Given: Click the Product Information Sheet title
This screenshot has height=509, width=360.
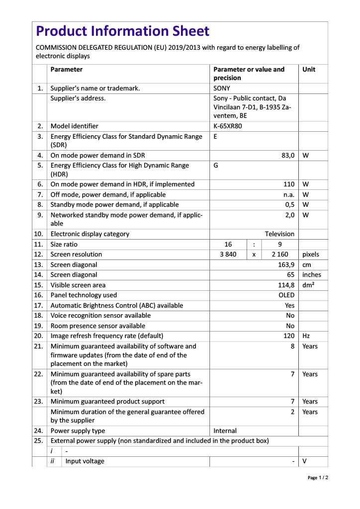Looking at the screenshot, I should pos(123,32).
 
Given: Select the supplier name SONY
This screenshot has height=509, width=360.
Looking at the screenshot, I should pos(222,88).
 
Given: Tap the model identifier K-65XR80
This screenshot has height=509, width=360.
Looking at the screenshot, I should pos(228,126).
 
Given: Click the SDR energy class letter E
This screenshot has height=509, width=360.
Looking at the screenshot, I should pos(215,136).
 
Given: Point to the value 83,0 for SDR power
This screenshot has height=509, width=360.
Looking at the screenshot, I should pos(288,156).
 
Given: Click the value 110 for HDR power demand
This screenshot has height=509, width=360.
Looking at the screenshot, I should pos(289,184).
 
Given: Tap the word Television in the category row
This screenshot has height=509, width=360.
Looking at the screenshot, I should pos(279,234).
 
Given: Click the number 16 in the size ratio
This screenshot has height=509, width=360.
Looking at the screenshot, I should pos(228,245).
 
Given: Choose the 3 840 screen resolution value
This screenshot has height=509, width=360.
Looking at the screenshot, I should pos(228,254).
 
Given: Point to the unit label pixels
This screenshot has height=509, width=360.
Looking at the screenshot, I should pos(311,254).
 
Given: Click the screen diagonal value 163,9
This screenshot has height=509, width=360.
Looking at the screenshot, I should pos(286,265).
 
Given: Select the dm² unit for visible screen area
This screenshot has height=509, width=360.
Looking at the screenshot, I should pos(308,285).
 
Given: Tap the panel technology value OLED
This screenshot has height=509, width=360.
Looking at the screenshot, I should pos(286,295).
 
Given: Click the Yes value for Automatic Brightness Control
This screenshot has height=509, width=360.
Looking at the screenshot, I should pos(289,306).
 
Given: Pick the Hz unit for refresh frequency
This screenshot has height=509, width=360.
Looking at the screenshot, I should pos(306,336).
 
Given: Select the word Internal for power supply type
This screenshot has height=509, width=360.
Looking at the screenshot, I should pos(225,431).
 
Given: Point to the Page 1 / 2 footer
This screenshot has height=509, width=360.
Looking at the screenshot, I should pos(318,478).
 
